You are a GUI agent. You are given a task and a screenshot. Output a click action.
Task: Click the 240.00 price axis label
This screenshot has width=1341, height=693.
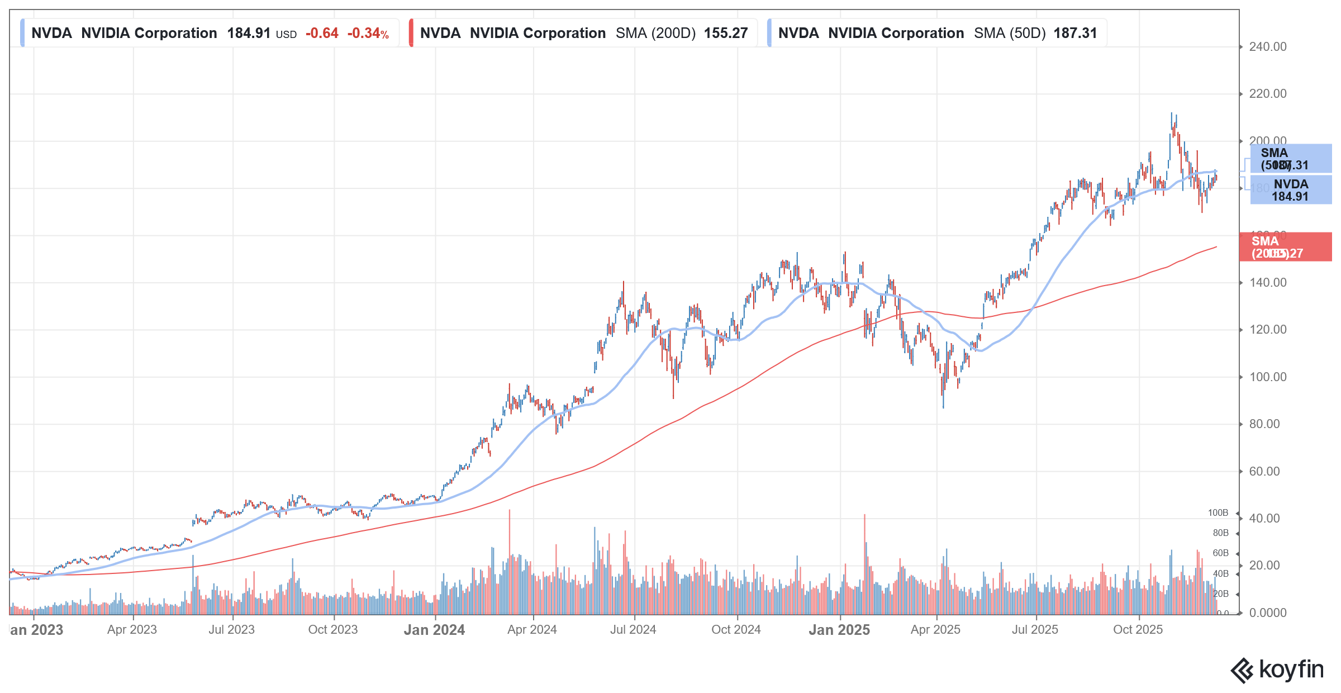(x=1267, y=47)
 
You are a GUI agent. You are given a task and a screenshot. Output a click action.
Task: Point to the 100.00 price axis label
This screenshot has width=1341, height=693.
(x=1267, y=377)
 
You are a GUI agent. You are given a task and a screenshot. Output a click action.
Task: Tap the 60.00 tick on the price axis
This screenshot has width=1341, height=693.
(x=1264, y=472)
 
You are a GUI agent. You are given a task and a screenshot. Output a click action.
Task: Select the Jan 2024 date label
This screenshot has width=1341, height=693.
(x=434, y=630)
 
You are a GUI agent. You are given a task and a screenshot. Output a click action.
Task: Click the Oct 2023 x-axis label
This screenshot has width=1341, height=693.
(x=333, y=630)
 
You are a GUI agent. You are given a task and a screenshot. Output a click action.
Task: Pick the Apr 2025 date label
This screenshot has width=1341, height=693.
(x=935, y=630)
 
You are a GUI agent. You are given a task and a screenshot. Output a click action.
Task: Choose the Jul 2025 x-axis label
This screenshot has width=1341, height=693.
(x=1035, y=630)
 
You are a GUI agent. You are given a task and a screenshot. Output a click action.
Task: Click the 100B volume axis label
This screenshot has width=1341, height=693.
(x=1218, y=513)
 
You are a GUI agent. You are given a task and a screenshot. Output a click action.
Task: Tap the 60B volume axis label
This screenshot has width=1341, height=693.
(x=1220, y=553)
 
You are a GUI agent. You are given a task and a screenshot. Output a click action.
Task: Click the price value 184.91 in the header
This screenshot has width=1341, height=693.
(x=249, y=34)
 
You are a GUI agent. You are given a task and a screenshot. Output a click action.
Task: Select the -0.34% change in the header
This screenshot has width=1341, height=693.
(x=368, y=34)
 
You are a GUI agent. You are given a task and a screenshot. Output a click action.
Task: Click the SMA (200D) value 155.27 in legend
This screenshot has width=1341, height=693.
(x=725, y=34)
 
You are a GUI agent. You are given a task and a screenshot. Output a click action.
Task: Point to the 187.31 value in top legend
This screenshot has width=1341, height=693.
(x=1075, y=34)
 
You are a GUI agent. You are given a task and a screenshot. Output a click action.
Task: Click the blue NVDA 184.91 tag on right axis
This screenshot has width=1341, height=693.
(x=1290, y=190)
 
